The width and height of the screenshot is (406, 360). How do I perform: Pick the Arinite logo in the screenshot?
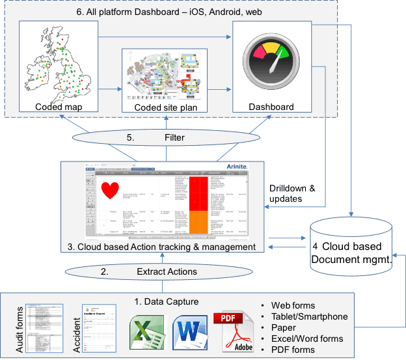coord(236,167)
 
